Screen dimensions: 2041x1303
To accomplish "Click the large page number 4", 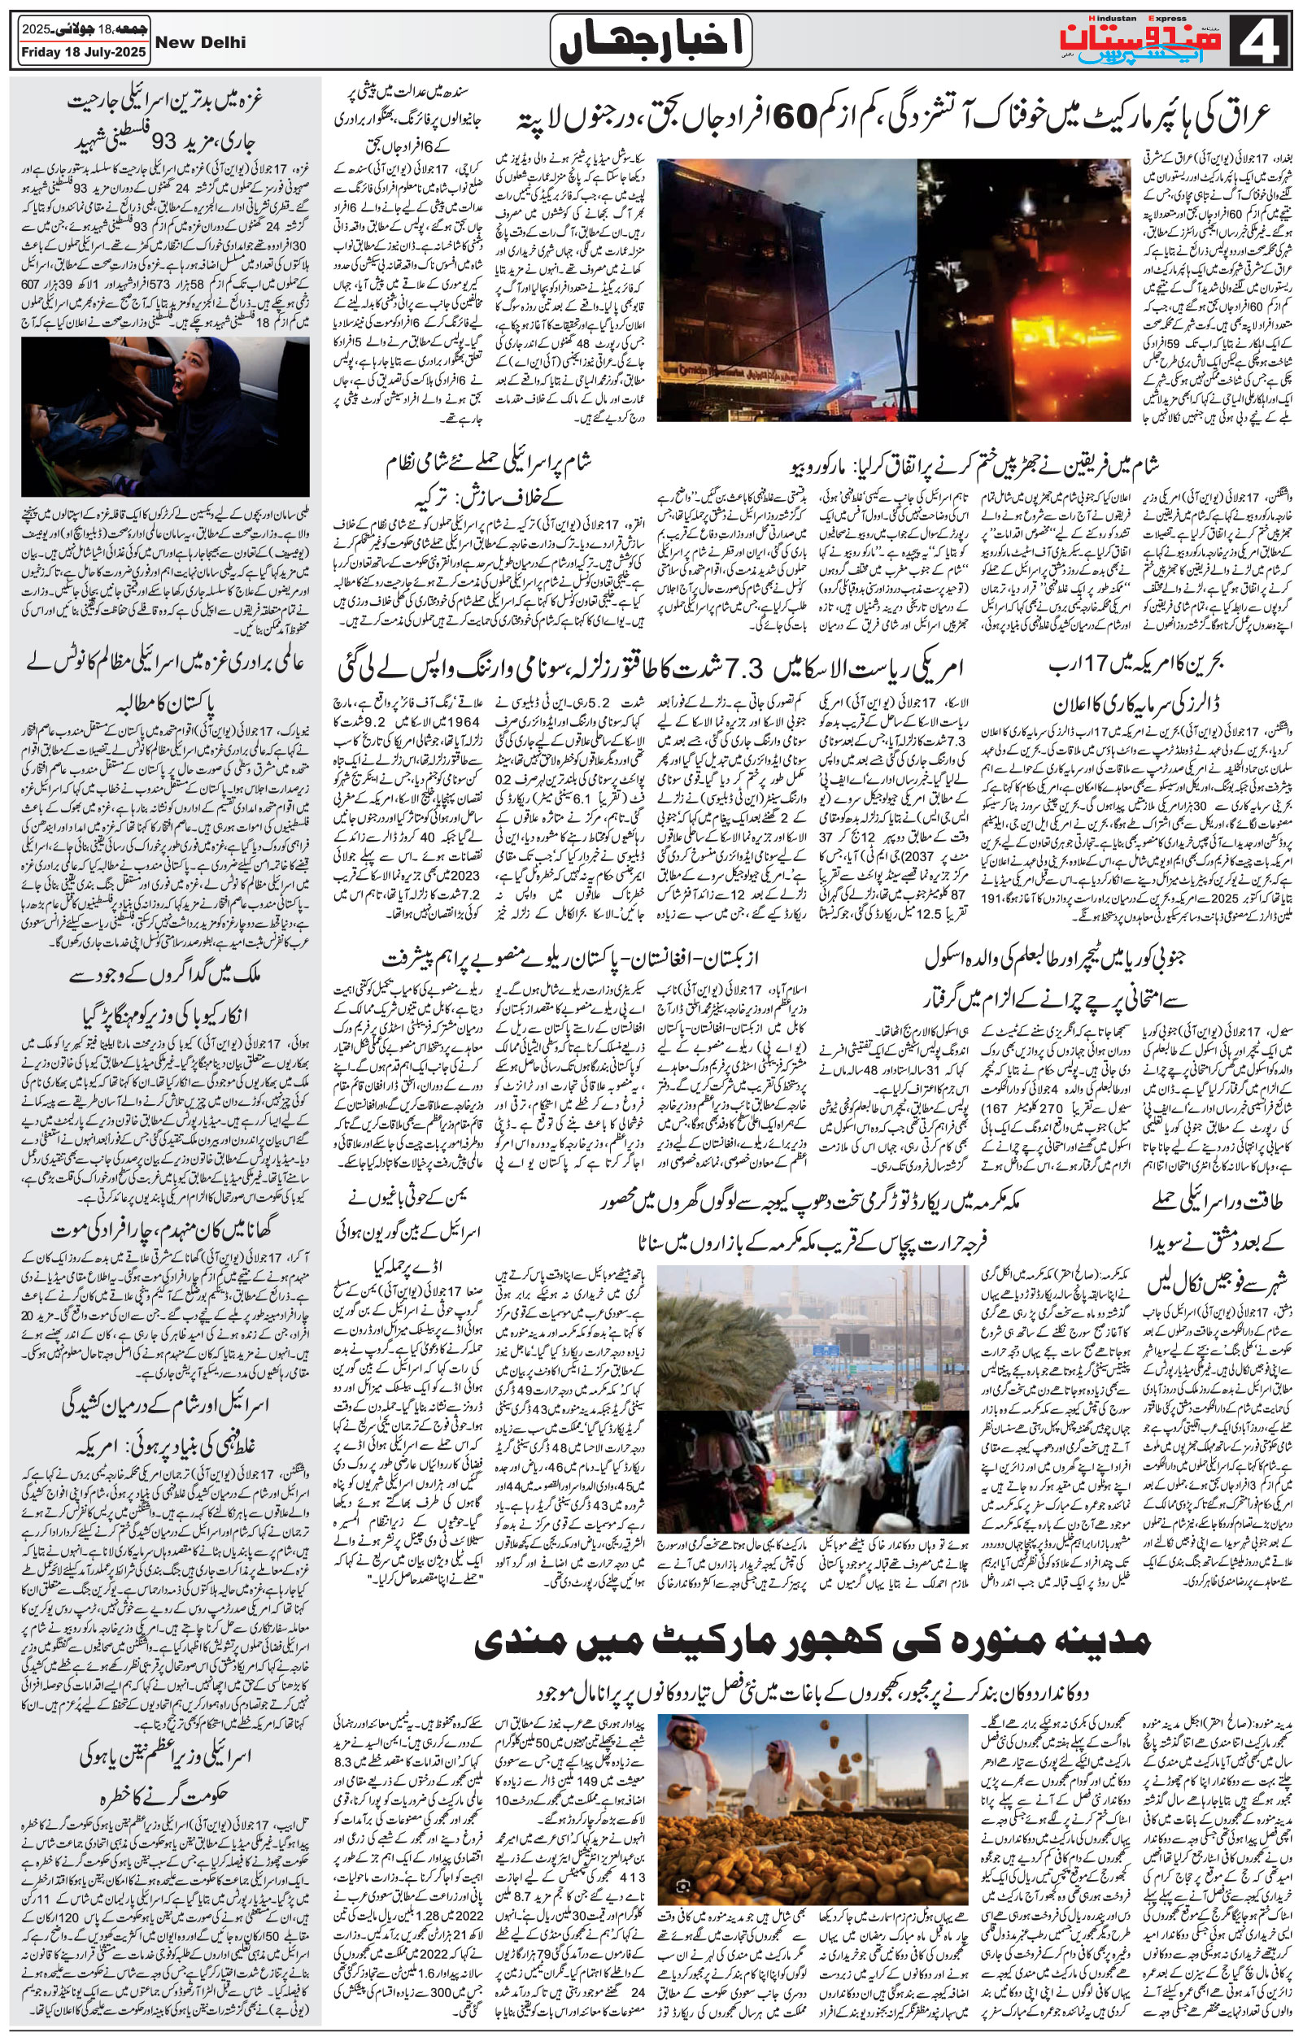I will click(1265, 41).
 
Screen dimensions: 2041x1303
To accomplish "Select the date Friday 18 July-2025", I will click(82, 53).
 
